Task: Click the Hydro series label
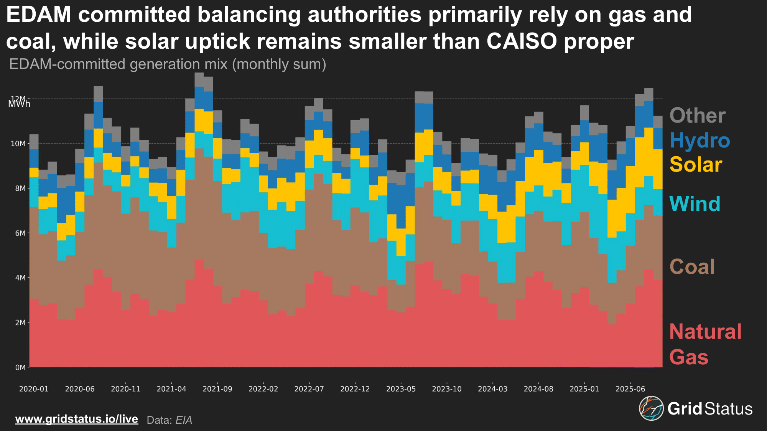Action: [700, 140]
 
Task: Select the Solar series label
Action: [696, 165]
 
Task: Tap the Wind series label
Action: [695, 204]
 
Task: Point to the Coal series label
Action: [692, 267]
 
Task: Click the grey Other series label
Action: [697, 115]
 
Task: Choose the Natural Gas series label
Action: [705, 344]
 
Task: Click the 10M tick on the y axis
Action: [18, 144]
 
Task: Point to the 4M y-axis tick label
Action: [20, 278]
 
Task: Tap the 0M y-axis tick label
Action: [20, 367]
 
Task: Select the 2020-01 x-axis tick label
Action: [34, 389]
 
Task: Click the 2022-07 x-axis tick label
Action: [309, 389]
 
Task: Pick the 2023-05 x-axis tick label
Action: [401, 389]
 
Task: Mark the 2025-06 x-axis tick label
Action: [630, 389]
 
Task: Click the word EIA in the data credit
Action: [183, 420]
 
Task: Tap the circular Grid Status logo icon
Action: [651, 408]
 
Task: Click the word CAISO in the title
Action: [522, 41]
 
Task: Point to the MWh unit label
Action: [19, 104]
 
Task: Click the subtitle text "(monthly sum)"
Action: [279, 64]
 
